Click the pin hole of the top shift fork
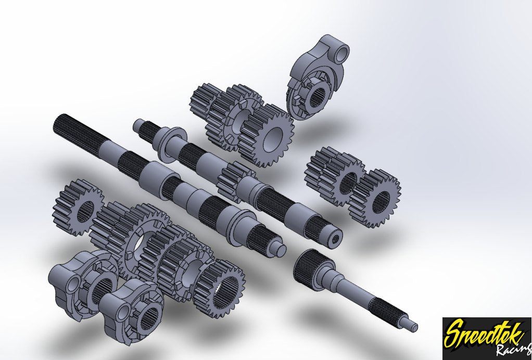[x=341, y=53]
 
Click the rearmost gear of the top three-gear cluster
[x=204, y=104]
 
